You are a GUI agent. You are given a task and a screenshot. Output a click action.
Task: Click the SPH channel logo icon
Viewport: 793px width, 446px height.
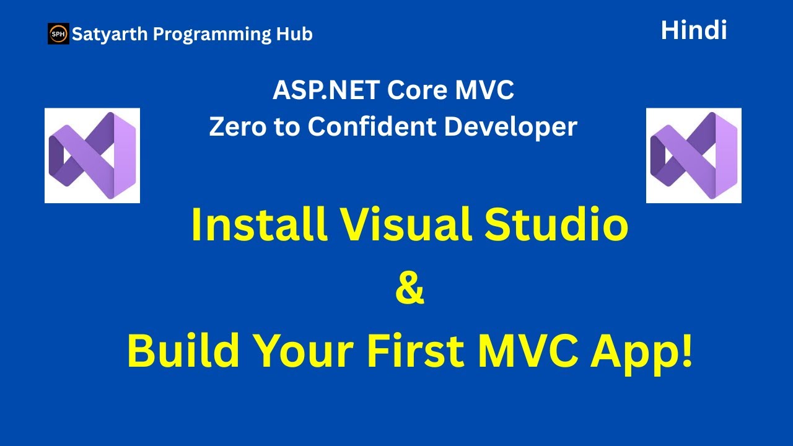[58, 33]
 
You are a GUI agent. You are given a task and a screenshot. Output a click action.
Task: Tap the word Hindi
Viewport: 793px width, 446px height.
[694, 30]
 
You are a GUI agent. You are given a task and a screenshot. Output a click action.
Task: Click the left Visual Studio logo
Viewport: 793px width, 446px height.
[92, 155]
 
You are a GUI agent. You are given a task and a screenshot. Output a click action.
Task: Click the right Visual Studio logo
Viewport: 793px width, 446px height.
[693, 155]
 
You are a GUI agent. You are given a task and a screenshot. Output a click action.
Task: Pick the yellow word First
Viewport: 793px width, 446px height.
[415, 351]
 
